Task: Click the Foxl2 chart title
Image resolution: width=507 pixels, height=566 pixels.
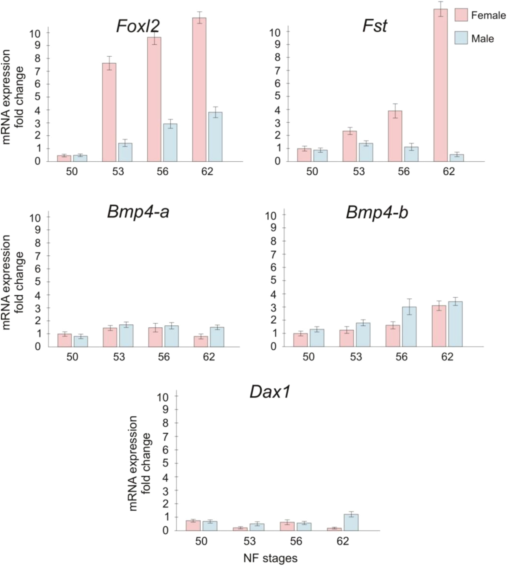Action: (x=138, y=26)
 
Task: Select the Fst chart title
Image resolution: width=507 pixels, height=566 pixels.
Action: (x=375, y=26)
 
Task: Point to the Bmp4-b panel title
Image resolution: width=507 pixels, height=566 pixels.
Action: (x=377, y=213)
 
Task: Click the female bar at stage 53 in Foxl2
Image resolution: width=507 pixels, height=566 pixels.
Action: (x=109, y=112)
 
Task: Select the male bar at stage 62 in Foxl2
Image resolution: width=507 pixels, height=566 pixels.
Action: (x=215, y=137)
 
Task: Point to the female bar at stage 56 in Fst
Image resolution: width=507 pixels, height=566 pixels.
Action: (x=395, y=136)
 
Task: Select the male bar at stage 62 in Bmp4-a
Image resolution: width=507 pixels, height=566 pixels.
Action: (x=217, y=337)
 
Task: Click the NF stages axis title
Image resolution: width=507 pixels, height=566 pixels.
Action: (x=271, y=558)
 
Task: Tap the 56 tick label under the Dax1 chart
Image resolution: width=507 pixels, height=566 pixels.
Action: (x=296, y=541)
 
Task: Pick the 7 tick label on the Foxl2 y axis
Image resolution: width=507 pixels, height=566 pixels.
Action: (x=37, y=71)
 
